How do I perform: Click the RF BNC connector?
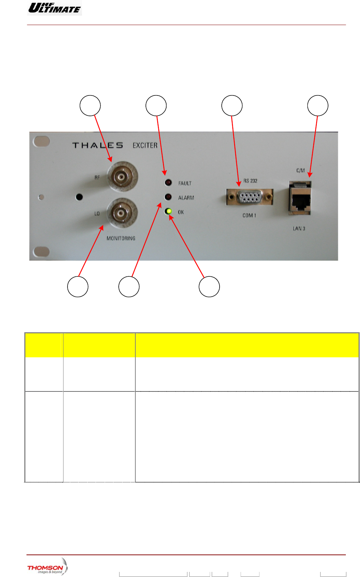click(x=120, y=177)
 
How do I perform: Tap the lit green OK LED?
click(x=168, y=211)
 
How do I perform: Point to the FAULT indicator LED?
click(x=168, y=182)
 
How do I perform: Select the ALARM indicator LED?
click(x=168, y=197)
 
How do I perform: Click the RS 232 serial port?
click(x=250, y=197)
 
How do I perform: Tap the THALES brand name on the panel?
click(x=98, y=145)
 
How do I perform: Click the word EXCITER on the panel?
click(x=145, y=145)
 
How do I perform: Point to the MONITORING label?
click(x=121, y=238)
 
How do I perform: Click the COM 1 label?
click(x=249, y=215)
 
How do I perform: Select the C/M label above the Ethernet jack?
click(x=300, y=170)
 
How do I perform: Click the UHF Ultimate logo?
click(x=54, y=8)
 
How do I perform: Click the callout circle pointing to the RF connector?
click(x=90, y=105)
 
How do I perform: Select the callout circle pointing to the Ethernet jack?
click(x=318, y=105)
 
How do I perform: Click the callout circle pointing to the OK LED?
click(x=209, y=287)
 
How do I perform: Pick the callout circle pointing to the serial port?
click(x=232, y=105)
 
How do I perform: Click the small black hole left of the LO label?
click(x=79, y=197)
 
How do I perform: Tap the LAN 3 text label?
click(x=299, y=228)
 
